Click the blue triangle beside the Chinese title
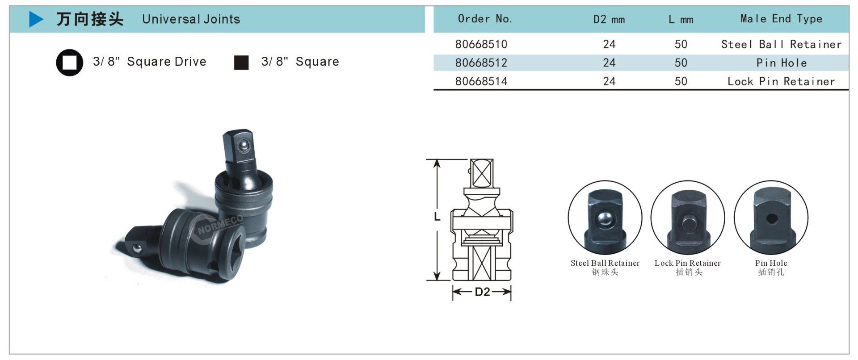36,19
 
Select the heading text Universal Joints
191,19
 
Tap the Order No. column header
485,19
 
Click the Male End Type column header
781,19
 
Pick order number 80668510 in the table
481,44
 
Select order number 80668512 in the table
481,63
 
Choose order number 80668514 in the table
481,81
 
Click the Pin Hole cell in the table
782,63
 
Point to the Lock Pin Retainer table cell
781,81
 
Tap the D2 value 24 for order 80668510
609,44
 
